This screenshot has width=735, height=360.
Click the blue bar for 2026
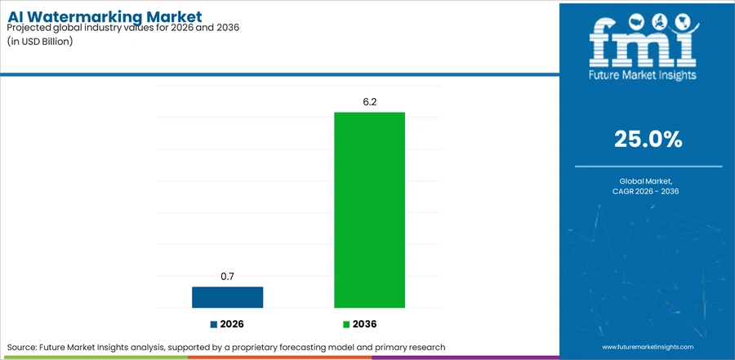pos(227,297)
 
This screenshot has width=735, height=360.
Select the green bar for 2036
pos(369,210)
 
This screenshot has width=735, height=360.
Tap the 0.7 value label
pos(227,277)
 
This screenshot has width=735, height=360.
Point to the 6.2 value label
pos(369,102)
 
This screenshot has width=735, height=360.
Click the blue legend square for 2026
pos(214,324)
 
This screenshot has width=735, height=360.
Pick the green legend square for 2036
pos(346,324)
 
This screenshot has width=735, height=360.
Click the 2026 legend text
pos(232,324)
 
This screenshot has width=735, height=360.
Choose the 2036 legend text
pos(365,324)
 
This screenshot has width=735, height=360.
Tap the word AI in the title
pos(18,17)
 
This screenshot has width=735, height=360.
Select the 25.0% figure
pos(648,140)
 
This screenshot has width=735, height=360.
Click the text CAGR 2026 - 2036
pos(648,191)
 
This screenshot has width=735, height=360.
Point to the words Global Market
pos(648,180)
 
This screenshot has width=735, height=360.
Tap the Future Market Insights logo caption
pos(643,75)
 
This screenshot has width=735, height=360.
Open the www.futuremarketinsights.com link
pos(648,347)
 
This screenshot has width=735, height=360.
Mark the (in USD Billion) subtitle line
pos(40,41)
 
